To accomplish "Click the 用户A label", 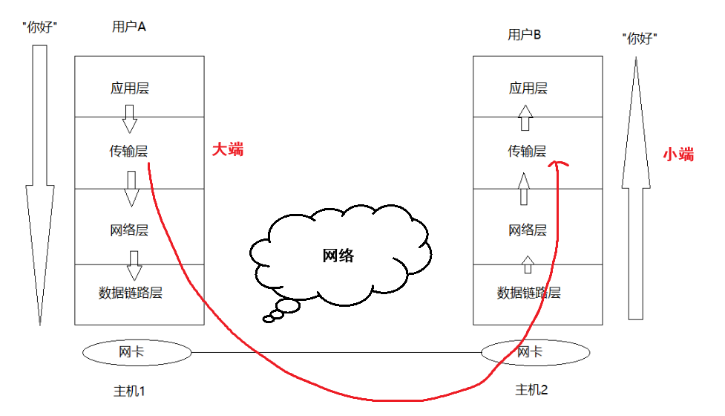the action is (x=129, y=27).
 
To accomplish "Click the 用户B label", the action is (x=525, y=35).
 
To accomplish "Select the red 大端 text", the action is (x=228, y=149).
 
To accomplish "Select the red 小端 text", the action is (x=678, y=155).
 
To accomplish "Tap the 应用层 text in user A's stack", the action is (x=130, y=88).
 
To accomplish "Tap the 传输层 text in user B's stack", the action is (x=527, y=152).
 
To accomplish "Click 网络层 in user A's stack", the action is (x=129, y=230).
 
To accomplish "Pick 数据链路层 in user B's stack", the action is (x=528, y=293).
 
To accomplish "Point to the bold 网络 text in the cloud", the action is (x=338, y=256).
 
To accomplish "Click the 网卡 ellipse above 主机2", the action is (x=529, y=351).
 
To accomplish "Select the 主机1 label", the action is (x=130, y=390).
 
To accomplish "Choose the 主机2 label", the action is (x=531, y=389).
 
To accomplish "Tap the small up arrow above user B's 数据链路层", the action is (x=527, y=264).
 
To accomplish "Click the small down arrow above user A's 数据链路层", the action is (x=134, y=264).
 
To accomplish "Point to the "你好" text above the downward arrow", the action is (x=41, y=27).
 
